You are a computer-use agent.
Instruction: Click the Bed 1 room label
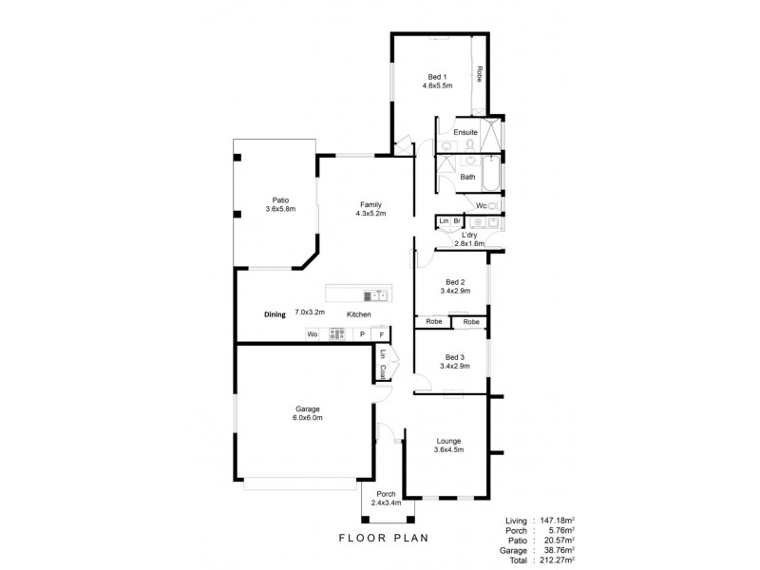[x=436, y=75]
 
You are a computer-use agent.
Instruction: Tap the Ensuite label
[x=465, y=131]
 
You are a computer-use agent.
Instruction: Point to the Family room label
[x=370, y=203]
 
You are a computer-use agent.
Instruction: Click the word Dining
[x=275, y=313]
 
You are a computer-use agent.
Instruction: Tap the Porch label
[x=386, y=494]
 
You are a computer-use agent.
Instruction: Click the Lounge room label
[x=449, y=441]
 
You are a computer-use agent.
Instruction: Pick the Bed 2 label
[x=455, y=282]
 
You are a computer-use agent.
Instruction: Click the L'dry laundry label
[x=468, y=235]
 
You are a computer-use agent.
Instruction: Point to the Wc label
[x=481, y=205]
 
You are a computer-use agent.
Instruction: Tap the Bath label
[x=467, y=177]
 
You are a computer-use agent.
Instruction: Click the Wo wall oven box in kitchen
[x=312, y=334]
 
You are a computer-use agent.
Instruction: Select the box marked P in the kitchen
[x=361, y=334]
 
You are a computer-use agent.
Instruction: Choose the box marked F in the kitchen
[x=381, y=334]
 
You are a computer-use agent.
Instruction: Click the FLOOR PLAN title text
[x=383, y=538]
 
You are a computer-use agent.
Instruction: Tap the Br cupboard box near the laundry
[x=457, y=220]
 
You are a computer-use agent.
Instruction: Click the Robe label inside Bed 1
[x=480, y=72]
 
